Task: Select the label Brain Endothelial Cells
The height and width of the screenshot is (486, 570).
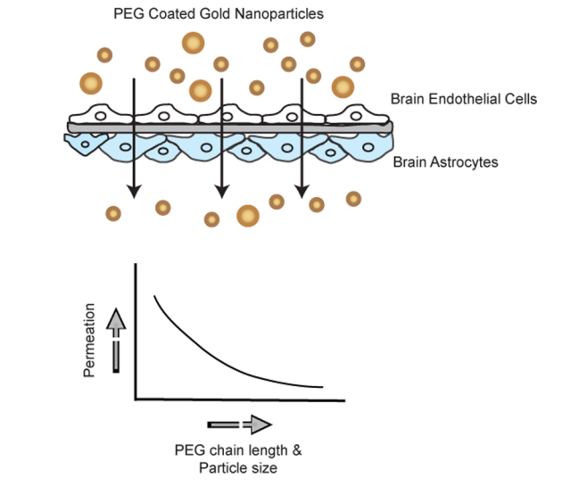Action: point(463,99)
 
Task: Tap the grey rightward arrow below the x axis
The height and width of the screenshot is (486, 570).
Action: point(240,424)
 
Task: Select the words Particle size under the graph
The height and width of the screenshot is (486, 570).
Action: point(238,468)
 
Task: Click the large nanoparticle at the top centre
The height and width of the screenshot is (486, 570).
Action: point(193,42)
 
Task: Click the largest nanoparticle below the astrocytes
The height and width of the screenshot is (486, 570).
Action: point(247,215)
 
